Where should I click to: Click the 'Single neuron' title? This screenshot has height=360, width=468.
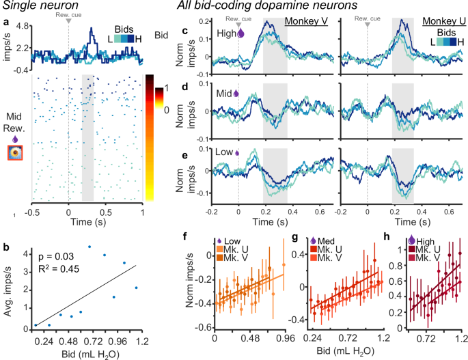[40, 7]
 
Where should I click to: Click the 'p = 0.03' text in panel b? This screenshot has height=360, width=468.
[53, 254]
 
